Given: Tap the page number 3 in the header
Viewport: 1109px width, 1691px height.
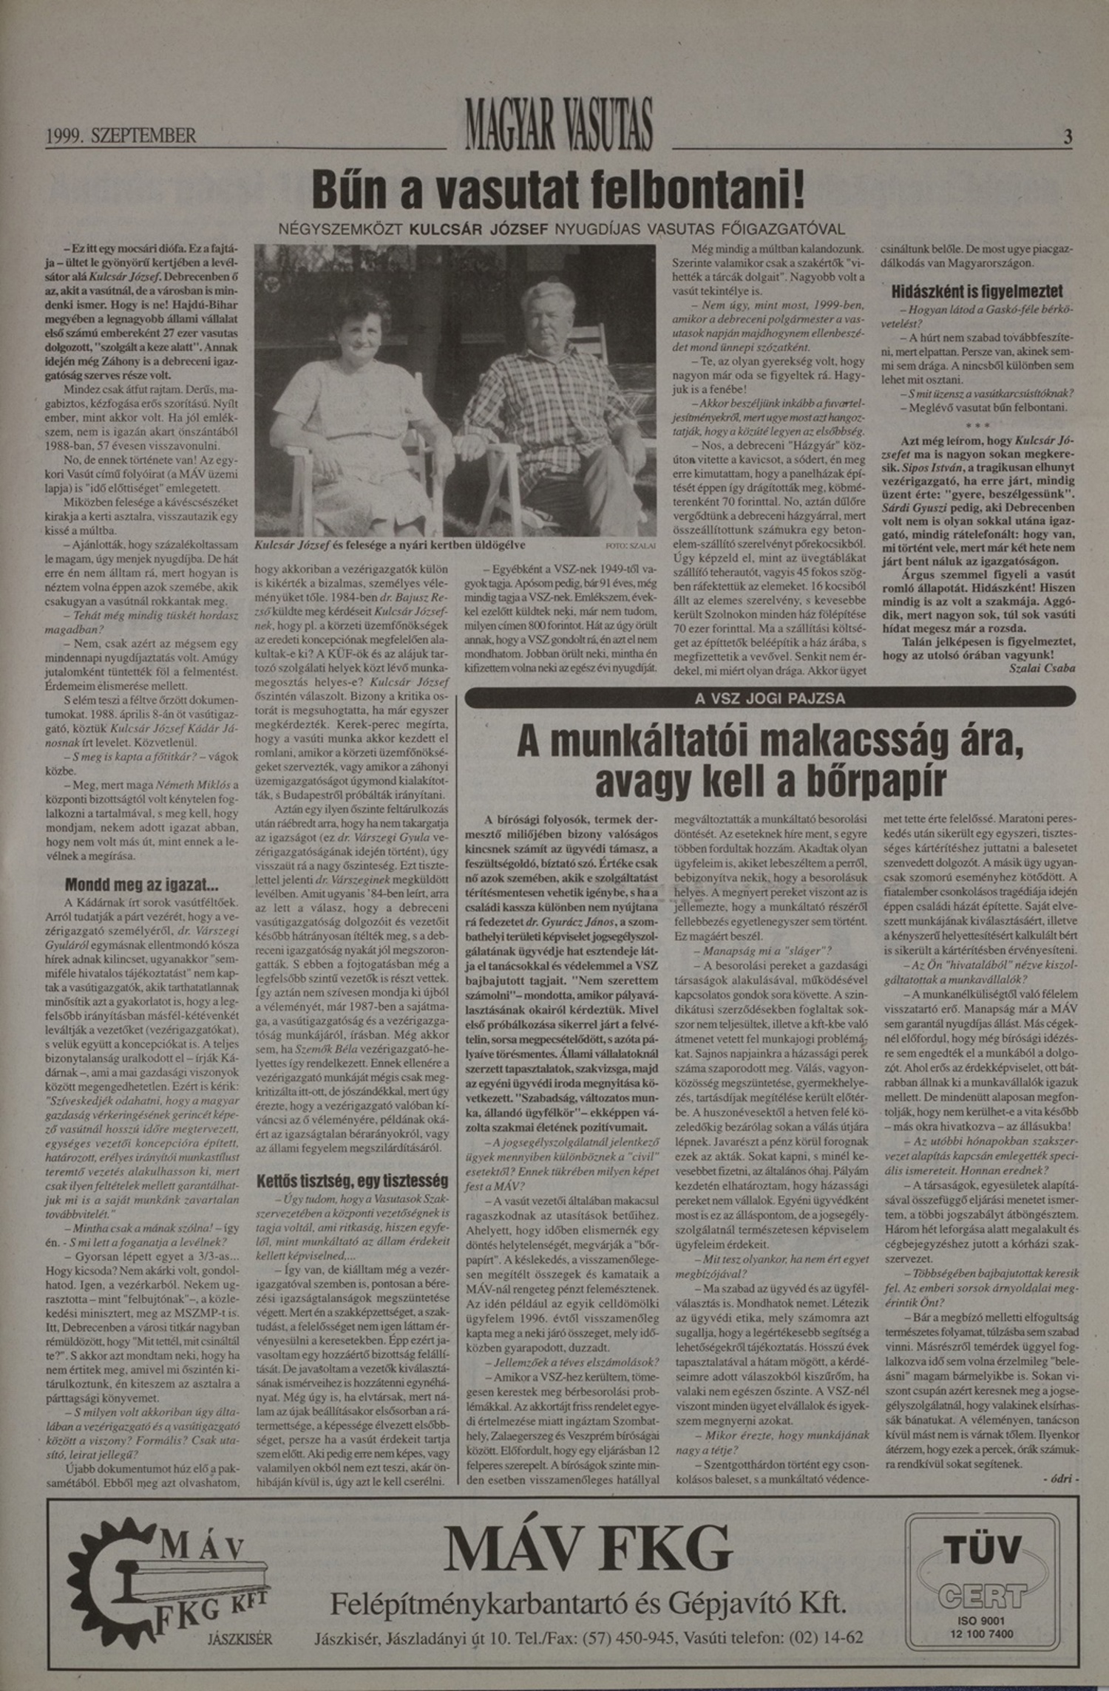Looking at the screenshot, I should click(1067, 137).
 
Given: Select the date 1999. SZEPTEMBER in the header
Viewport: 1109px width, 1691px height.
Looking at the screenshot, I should click(121, 136).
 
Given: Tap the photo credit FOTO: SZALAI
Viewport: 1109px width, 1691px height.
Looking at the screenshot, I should click(631, 546).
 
